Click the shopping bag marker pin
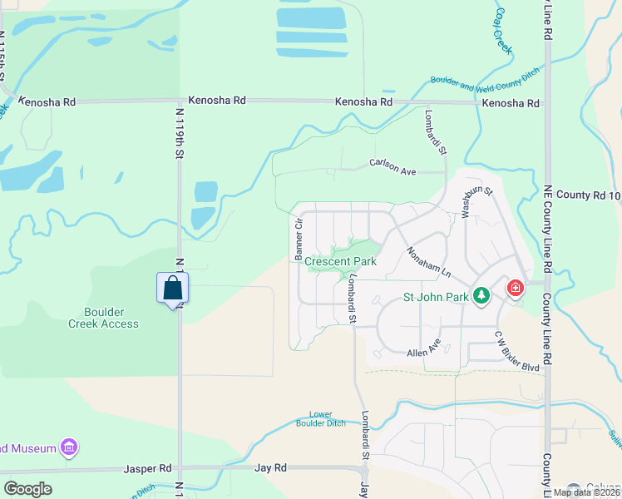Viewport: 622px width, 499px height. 172,289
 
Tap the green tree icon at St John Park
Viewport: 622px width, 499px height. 481,295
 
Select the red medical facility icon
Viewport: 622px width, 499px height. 516,289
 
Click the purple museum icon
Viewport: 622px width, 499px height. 69,448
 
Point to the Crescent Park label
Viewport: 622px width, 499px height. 340,261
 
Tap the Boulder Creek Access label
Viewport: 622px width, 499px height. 103,318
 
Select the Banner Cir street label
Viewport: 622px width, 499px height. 296,238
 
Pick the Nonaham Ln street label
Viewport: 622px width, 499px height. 428,262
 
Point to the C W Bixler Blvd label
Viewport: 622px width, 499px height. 517,352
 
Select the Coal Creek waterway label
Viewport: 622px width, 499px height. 504,31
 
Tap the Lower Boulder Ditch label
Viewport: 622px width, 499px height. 320,418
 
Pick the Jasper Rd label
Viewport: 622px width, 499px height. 147,468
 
